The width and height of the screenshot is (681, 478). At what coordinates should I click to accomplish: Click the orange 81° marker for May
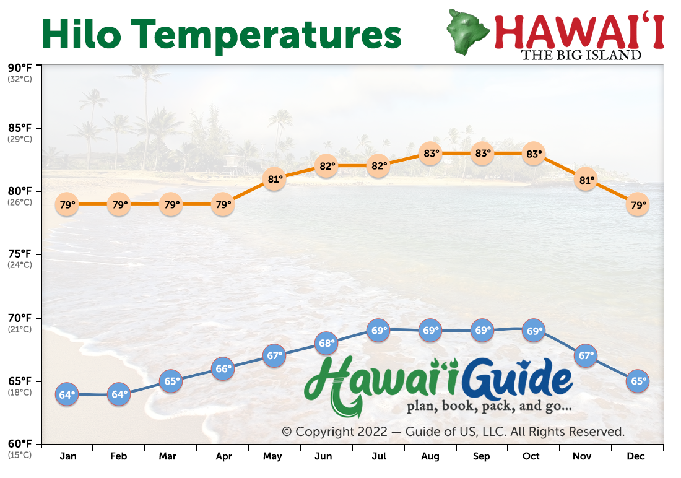point(274,178)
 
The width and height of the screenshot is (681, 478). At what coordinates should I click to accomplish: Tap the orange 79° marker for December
point(638,204)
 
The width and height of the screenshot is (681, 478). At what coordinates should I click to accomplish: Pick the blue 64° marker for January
point(67,394)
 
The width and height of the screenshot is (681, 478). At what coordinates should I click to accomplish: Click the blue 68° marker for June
point(326,343)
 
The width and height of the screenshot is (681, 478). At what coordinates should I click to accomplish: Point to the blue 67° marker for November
point(586,356)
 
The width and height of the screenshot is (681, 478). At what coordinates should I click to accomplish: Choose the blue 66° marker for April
point(223,368)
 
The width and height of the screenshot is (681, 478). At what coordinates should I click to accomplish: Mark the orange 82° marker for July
point(378,166)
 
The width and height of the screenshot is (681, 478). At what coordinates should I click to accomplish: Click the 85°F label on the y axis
point(20,128)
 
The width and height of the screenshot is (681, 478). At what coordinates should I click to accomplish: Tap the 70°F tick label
point(20,318)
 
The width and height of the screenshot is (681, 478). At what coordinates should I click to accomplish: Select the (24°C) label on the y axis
point(20,264)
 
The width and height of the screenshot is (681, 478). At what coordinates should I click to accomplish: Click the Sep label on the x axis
point(481,456)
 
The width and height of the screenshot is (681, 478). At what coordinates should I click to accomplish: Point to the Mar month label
point(168,456)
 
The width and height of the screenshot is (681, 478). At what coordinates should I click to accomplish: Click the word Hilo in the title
point(81,34)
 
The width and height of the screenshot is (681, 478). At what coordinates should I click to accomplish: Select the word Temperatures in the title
point(266,36)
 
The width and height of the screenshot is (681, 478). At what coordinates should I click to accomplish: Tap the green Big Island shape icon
point(468,32)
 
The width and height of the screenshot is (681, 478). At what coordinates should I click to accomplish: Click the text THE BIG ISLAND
point(581,55)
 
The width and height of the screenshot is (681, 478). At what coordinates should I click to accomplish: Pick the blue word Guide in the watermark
point(517,379)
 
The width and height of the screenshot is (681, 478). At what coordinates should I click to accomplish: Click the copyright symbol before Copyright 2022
point(286,432)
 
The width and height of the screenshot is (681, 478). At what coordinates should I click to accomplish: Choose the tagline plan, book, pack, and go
point(489,406)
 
